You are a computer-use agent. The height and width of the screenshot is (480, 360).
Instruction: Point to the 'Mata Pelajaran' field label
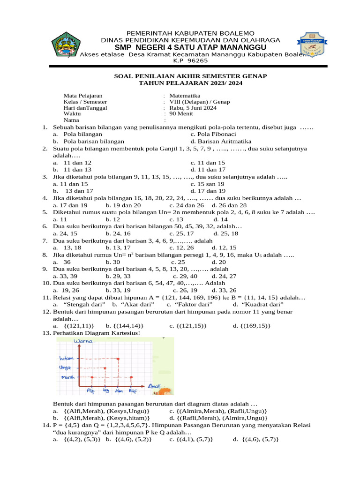[83, 96]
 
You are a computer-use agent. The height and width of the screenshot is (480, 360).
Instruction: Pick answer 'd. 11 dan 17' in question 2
[208, 169]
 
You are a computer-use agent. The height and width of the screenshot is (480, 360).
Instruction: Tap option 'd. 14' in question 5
[220, 219]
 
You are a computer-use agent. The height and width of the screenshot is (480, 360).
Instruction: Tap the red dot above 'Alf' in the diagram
[92, 377]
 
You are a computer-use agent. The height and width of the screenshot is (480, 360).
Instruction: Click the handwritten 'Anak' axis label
[155, 385]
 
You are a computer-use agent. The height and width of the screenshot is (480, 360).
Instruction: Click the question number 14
[45, 425]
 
